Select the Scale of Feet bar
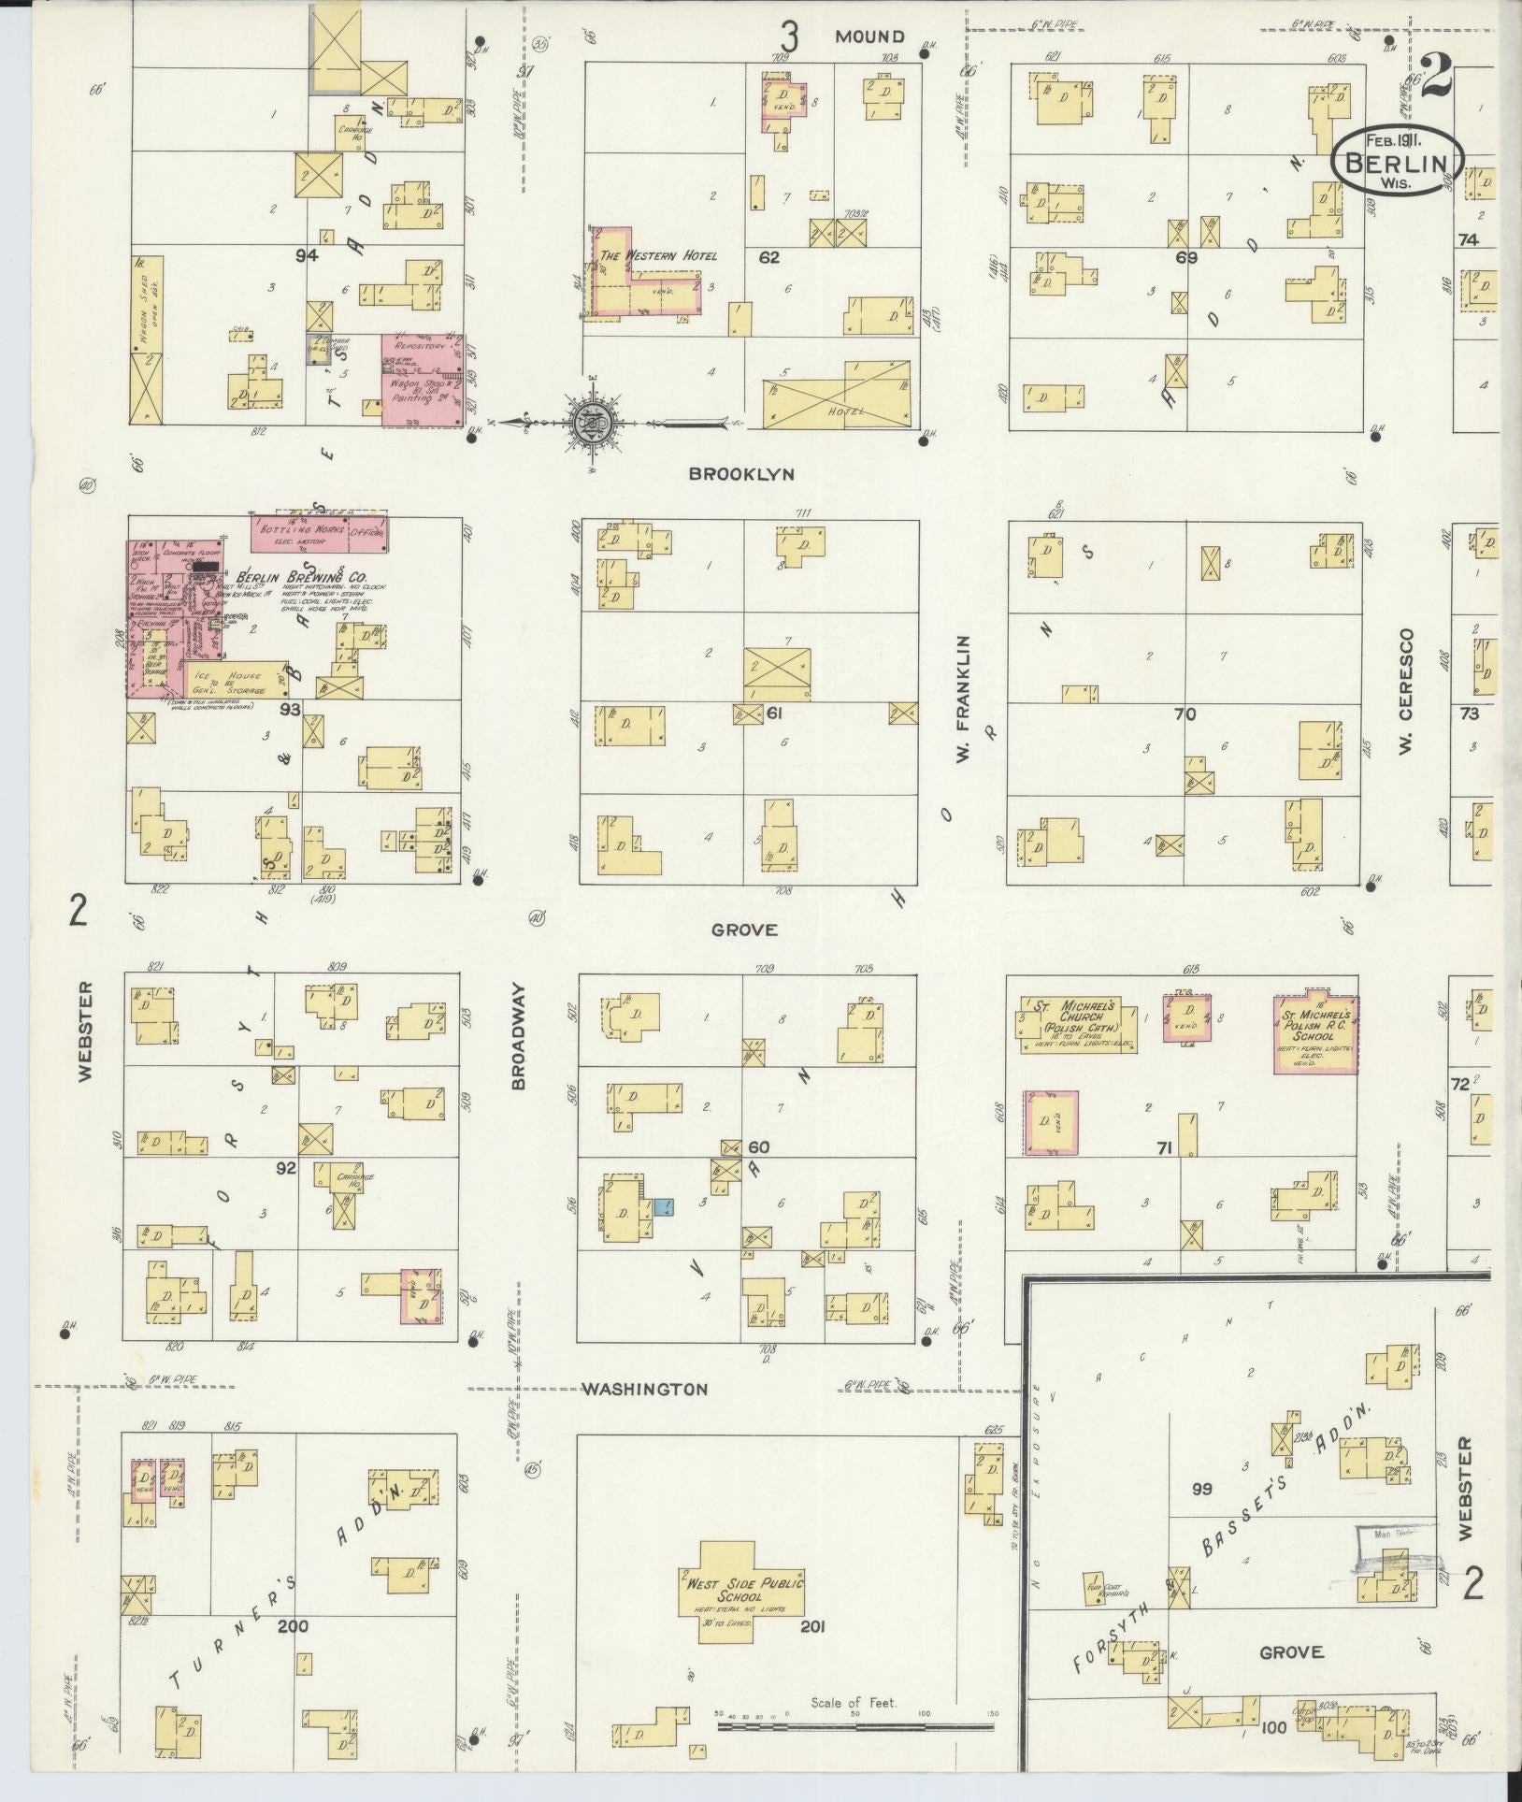854,1725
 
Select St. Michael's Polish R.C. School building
1315,1032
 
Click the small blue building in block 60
665,1206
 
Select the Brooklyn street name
741,474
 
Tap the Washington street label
645,1416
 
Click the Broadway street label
519,1036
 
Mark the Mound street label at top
870,36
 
